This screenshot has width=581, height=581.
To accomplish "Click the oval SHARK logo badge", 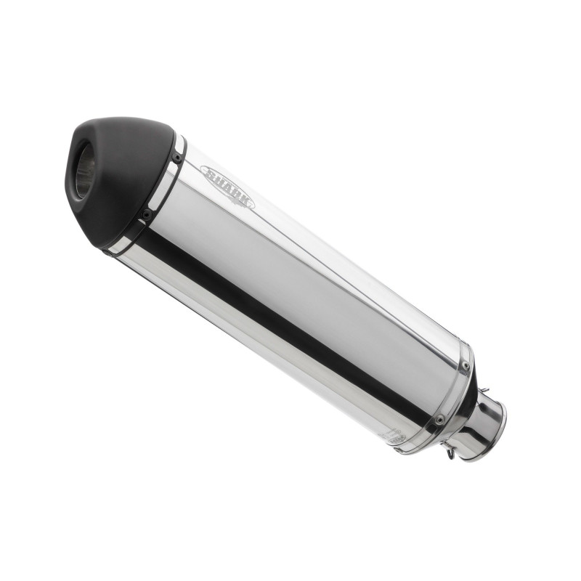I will (x=227, y=187).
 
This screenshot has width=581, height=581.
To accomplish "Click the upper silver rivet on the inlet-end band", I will (x=466, y=365).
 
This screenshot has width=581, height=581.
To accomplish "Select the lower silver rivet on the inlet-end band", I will (x=439, y=419).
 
